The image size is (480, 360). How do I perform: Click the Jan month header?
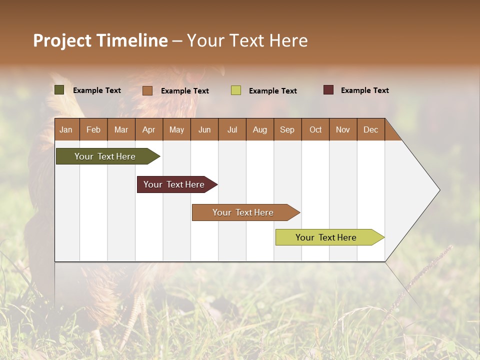tap(66, 129)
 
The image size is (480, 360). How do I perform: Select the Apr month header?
tap(149, 129)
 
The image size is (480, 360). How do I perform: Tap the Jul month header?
tap(232, 129)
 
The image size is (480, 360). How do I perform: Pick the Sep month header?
tap(287, 129)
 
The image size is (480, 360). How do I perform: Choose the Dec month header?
tap(370, 129)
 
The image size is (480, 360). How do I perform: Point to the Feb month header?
tap(93, 129)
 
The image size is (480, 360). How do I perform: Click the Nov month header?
tap(343, 129)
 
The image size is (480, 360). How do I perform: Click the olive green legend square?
tap(59, 90)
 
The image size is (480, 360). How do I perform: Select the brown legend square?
tap(147, 90)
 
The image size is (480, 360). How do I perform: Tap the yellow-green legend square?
tap(236, 90)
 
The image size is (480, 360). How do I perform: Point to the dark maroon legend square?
tap(328, 90)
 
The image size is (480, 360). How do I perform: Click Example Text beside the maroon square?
tap(364, 90)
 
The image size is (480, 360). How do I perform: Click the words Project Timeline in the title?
tap(100, 40)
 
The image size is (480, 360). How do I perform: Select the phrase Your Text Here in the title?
tap(247, 40)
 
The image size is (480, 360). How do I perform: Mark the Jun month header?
tap(204, 129)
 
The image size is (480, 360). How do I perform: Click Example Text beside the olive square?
tap(97, 90)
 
